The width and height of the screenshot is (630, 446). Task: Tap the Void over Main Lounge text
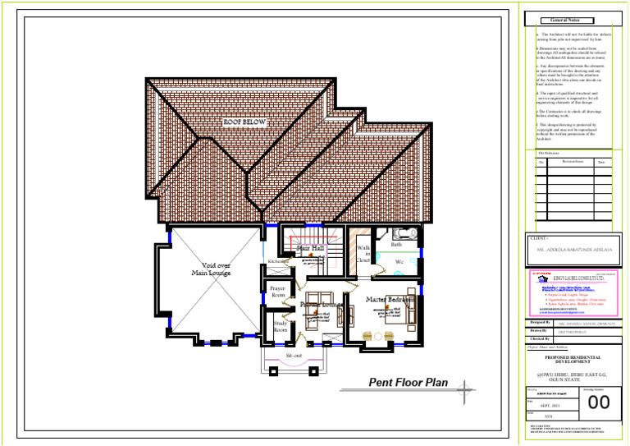pos(212,269)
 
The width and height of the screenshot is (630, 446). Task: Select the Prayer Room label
pos(278,291)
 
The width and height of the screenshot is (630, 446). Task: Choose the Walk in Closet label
pos(363,255)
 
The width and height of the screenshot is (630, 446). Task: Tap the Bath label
pos(397,245)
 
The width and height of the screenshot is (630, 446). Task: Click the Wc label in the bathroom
pos(399,261)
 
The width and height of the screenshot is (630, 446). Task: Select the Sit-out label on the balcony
pos(294,355)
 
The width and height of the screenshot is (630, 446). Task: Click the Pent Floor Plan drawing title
pos(408,382)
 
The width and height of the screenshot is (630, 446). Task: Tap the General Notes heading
pos(564,20)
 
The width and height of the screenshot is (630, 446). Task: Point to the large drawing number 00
pos(600,402)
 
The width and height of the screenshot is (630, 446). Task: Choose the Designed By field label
pos(541,323)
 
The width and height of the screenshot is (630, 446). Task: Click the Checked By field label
pos(541,338)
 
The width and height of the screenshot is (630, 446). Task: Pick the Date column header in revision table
pos(600,162)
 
